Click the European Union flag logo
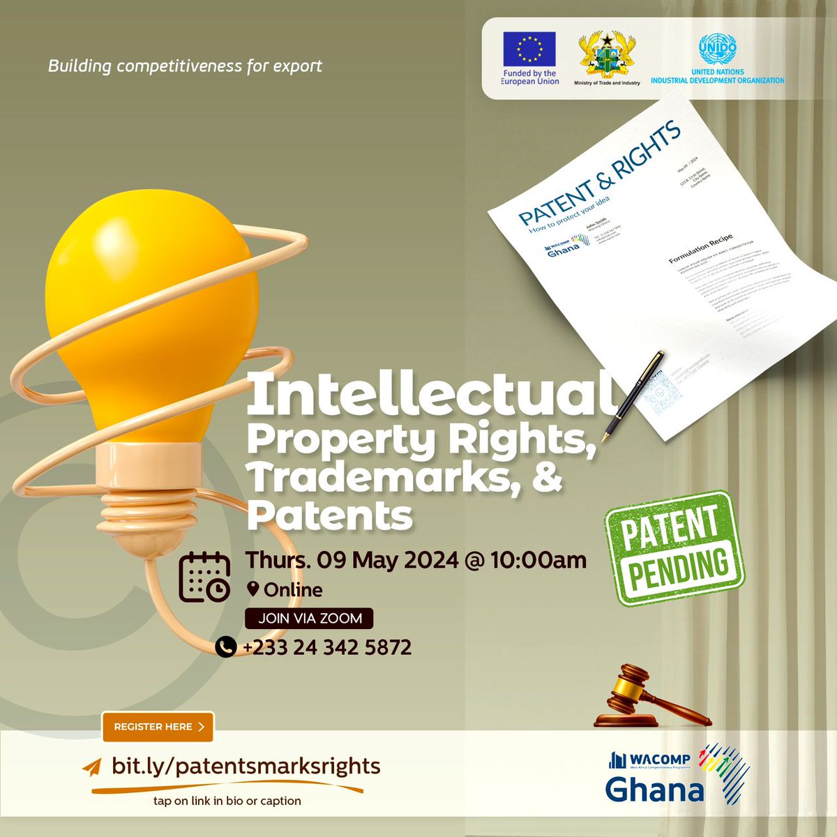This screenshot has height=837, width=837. (530, 50)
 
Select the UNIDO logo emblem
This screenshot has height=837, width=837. (717, 48)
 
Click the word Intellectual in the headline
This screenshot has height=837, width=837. (429, 394)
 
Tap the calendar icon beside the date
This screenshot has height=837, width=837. (204, 577)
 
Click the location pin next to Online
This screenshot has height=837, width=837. (253, 589)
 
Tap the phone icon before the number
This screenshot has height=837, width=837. (225, 647)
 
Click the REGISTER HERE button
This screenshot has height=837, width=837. (158, 727)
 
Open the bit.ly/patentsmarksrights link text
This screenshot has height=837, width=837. (246, 766)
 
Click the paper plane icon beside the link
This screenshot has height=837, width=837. (92, 767)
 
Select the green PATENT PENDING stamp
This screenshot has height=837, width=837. (673, 548)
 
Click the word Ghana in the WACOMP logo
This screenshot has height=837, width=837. (654, 790)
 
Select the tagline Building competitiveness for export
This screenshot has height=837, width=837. (185, 66)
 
